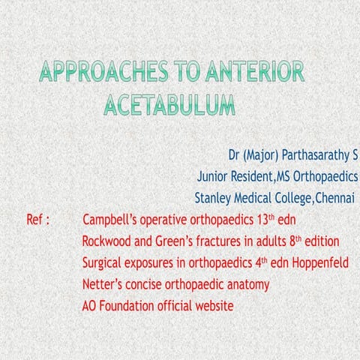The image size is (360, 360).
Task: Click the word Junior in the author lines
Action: pos(214,178)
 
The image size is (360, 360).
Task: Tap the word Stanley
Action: pos(214,199)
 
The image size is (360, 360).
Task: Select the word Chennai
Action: pos(336,199)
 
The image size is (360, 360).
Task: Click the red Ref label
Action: pos(37,220)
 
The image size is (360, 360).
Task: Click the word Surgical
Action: pos(105,263)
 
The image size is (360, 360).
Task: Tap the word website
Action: pos(213,306)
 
